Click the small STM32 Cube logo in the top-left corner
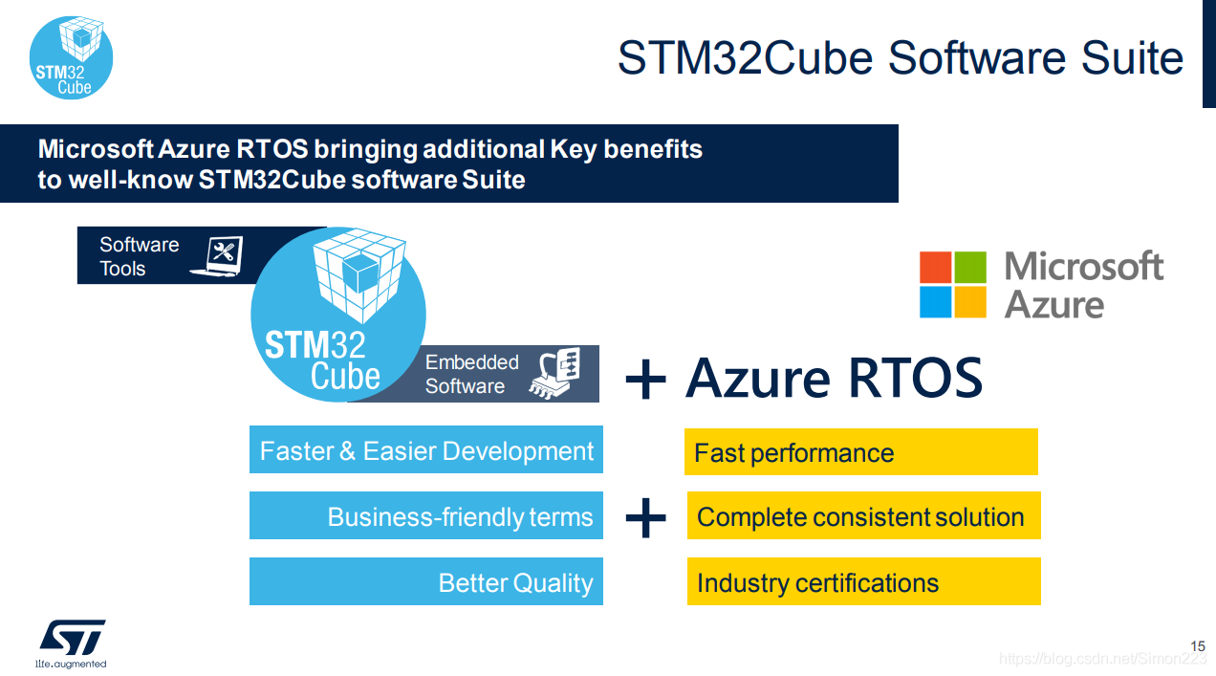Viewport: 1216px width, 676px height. click(71, 57)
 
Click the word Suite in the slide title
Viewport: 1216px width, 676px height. click(1132, 57)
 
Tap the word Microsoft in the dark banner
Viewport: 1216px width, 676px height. click(96, 149)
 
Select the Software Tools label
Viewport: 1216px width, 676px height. click(139, 256)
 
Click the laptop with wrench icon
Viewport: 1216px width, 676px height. click(217, 256)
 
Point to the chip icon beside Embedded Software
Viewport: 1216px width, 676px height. click(554, 373)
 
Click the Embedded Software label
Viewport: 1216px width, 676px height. click(471, 374)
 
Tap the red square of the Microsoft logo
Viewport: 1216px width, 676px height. click(935, 267)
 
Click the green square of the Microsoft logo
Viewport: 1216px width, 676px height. click(970, 267)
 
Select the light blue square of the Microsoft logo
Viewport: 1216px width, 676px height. click(935, 302)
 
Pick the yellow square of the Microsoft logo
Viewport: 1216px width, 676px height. click(970, 302)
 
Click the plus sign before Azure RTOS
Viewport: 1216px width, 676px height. click(645, 379)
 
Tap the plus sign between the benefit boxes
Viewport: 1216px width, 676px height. click(645, 517)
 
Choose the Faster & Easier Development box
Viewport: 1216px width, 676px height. click(426, 449)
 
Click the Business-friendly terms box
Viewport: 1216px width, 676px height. click(426, 515)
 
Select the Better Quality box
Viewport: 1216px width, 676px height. click(426, 581)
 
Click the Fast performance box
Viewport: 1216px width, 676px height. click(861, 451)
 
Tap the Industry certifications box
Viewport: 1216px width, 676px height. click(863, 581)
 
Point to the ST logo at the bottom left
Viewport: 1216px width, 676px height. click(72, 643)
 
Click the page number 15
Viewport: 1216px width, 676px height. click(1198, 646)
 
